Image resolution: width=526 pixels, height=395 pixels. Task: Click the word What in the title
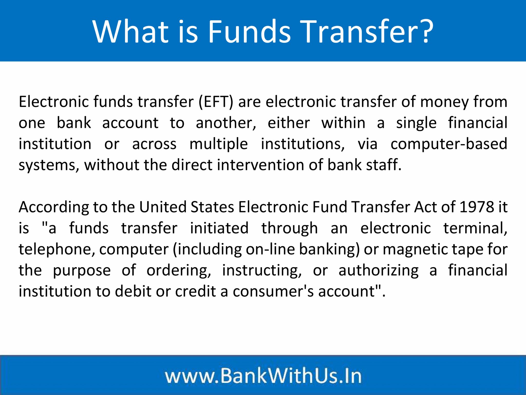click(130, 31)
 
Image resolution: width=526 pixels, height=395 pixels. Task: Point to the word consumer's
click(273, 292)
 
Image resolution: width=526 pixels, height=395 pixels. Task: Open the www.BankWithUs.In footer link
click(263, 376)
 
